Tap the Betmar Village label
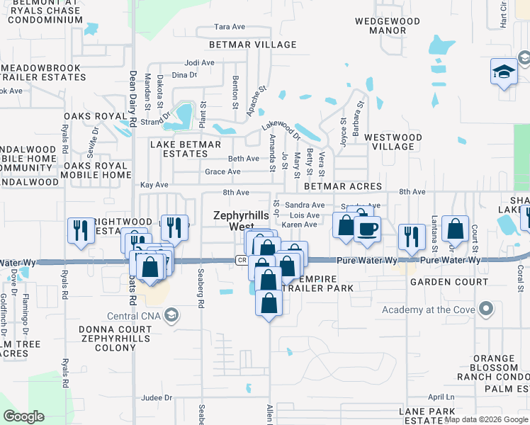click(253, 45)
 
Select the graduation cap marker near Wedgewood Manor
click(504, 72)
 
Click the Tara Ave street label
click(230, 27)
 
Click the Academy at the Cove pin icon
click(485, 309)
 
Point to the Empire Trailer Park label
click(316, 283)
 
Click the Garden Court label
click(449, 281)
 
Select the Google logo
click(24, 416)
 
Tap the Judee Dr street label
click(157, 398)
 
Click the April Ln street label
click(440, 397)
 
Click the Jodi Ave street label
click(199, 62)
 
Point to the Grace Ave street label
click(222, 171)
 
